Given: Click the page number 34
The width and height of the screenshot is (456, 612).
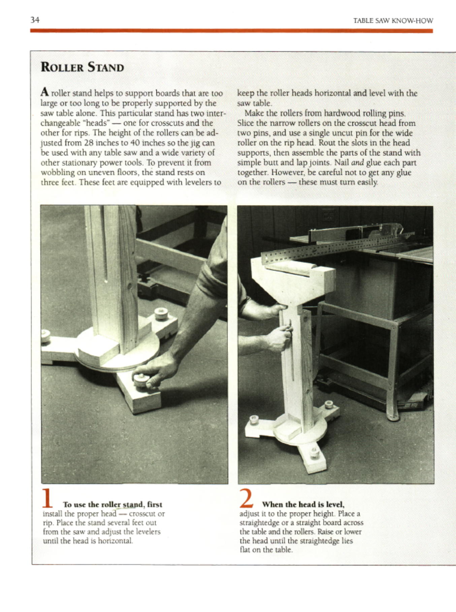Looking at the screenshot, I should [35, 20].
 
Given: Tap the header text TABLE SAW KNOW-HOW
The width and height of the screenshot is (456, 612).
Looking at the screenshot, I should [393, 21].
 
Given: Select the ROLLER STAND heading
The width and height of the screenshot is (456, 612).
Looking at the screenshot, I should [82, 67].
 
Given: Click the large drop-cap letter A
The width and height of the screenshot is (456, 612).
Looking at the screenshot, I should [45, 92].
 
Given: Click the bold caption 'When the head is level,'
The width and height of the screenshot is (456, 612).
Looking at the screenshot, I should [303, 505].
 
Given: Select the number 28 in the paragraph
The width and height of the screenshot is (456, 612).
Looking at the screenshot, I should [89, 143].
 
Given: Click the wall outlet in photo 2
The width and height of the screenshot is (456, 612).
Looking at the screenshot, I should [328, 215].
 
